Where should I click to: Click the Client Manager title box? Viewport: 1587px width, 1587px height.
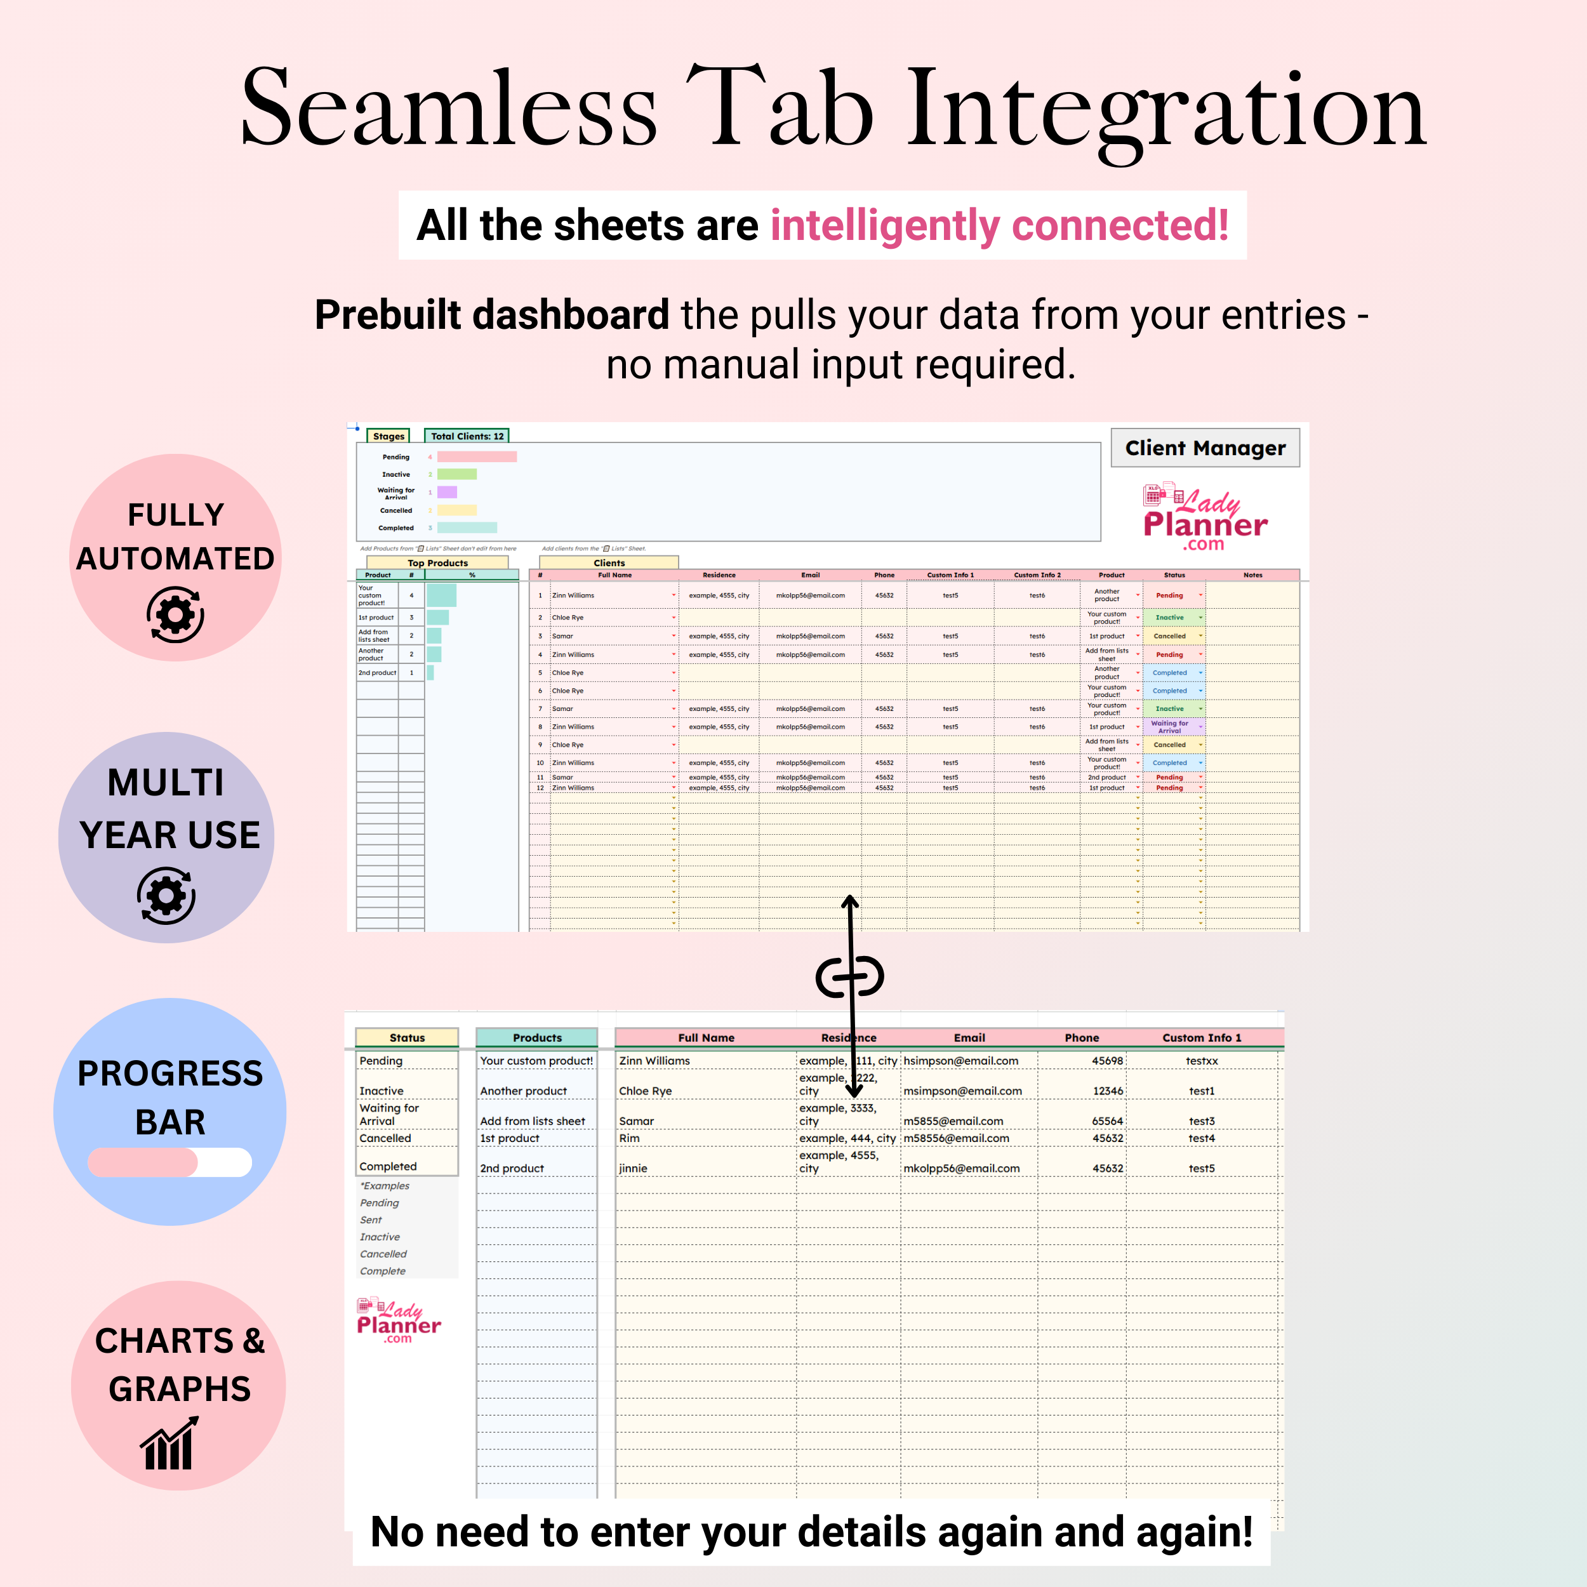1204,448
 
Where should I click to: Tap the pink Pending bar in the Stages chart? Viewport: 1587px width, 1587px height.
477,456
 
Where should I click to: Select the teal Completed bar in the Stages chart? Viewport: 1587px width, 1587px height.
467,528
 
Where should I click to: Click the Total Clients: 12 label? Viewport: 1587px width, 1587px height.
467,436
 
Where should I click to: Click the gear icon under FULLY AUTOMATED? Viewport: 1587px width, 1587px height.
175,614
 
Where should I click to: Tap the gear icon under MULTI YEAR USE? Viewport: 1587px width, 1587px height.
166,895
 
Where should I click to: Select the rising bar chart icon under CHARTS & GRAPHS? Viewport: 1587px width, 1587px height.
170,1444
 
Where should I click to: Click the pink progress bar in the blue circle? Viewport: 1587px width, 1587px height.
143,1162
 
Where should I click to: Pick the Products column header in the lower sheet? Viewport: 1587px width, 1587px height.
537,1037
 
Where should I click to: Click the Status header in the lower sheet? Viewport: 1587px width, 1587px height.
407,1037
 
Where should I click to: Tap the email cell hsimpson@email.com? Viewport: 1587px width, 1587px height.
960,1061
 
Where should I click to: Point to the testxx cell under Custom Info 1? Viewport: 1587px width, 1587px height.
1201,1061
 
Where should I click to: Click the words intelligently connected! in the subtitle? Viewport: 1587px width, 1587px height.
999,225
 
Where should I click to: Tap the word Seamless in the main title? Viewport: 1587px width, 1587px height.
449,109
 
